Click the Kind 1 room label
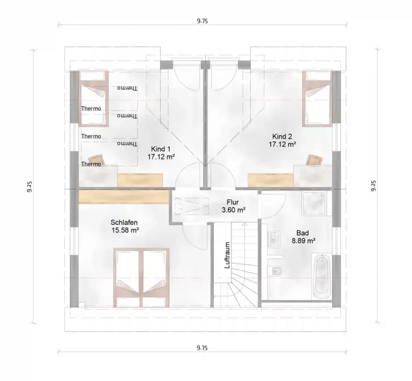point(161,149)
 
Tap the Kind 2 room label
point(282,137)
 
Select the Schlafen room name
point(124,223)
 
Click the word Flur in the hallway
point(233,202)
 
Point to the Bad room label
point(303,233)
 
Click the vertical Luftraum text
point(227,255)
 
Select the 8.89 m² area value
point(303,241)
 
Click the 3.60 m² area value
point(233,210)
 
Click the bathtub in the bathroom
point(322,276)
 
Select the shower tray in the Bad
point(314,204)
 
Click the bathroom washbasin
point(274,240)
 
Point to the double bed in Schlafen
point(141,277)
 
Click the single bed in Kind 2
point(317,99)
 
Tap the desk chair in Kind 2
point(314,160)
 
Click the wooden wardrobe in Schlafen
point(124,197)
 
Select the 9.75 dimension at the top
point(202,21)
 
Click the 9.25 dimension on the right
point(373,186)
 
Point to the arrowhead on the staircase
point(245,225)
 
